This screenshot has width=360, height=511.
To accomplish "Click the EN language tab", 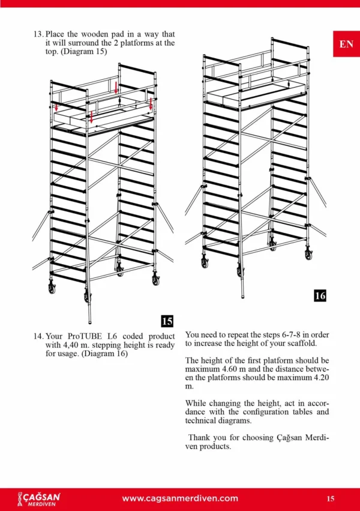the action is [346, 44].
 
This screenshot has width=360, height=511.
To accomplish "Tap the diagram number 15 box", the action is [167, 321].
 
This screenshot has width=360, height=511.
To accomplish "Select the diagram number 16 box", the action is [320, 295].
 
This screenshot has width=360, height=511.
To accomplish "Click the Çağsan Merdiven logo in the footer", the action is [39, 499].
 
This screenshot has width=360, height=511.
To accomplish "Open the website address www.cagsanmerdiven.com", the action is [180, 498].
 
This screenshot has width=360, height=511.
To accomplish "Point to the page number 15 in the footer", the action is [331, 498].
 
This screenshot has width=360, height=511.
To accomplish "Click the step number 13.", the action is [38, 34].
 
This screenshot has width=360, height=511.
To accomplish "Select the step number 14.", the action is [38, 336].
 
